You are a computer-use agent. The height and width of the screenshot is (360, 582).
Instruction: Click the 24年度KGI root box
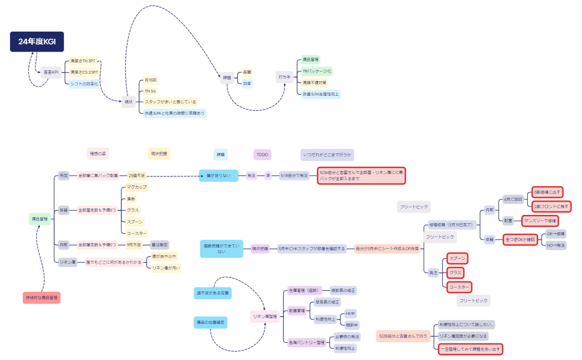click(x=37, y=42)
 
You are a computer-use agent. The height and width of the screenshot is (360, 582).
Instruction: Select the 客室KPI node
click(x=51, y=72)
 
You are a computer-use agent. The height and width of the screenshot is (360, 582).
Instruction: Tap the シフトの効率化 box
click(x=84, y=84)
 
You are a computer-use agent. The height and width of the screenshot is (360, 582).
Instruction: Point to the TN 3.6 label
click(x=150, y=91)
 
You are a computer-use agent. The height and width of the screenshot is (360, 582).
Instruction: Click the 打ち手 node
click(x=284, y=77)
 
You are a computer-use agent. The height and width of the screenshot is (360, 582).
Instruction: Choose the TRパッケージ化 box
click(x=316, y=71)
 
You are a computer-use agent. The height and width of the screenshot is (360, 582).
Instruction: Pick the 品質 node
click(x=247, y=72)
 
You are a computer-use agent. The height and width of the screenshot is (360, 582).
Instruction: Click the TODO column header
click(x=262, y=155)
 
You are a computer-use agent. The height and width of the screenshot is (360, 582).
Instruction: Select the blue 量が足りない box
click(x=218, y=176)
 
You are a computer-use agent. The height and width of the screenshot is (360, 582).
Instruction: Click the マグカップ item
click(x=136, y=187)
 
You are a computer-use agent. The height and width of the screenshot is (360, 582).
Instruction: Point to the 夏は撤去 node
click(x=160, y=244)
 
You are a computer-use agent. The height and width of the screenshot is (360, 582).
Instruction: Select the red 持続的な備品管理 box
click(x=42, y=297)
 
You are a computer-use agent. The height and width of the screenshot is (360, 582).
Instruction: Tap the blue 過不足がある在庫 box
click(x=212, y=292)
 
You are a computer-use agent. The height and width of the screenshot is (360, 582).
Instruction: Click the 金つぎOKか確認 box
click(x=520, y=239)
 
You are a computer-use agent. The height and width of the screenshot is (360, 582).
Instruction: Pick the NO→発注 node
click(x=556, y=245)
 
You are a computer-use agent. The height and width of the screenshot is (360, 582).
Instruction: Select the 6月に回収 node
click(x=513, y=198)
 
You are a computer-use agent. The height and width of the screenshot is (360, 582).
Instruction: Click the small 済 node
click(x=268, y=176)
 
